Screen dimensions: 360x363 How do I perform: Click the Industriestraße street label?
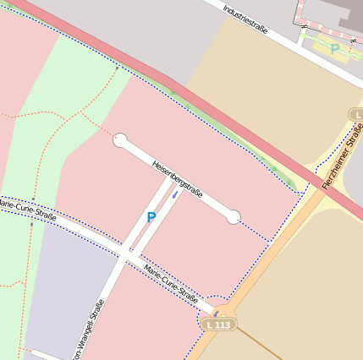pos(245,18)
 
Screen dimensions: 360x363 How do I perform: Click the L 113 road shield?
pos(218,324)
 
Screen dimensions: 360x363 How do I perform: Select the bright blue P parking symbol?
pos(151,217)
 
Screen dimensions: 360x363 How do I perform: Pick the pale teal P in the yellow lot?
pos(334,49)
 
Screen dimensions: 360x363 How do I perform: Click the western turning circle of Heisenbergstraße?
pos(120,140)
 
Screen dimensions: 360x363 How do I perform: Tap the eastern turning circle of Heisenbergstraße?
pos(233,217)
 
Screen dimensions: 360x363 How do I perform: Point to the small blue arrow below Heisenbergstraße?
pos(175,197)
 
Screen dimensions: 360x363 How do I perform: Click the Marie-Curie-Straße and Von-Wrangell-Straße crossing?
pos(126,252)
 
